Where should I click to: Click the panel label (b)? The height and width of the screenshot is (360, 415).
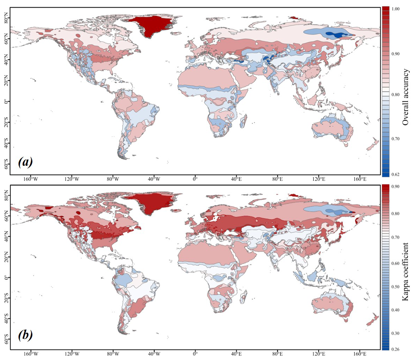point(25,335)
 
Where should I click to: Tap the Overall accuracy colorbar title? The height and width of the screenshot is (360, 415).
point(406,97)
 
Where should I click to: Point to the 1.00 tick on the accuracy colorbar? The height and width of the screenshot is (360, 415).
point(396,9)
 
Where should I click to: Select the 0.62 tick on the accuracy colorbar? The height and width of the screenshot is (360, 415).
point(396,174)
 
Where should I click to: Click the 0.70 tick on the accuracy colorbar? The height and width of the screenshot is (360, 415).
point(396,139)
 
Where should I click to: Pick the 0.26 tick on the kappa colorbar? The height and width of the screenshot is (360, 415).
point(396,349)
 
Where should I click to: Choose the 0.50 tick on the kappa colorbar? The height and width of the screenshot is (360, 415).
point(396,286)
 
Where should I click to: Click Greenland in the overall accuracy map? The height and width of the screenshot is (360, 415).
point(151,25)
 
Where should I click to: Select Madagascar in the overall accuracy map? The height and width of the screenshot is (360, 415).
point(243,123)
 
